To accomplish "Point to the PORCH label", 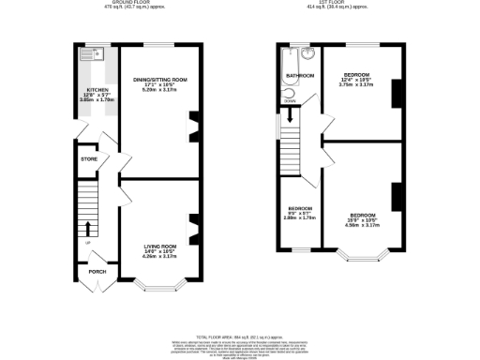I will pyautogui.click(x=97, y=272).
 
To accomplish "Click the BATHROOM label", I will pyautogui.click(x=299, y=74).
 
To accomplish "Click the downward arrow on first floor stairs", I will pyautogui.click(x=291, y=116).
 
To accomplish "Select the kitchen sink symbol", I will pyautogui.click(x=90, y=54).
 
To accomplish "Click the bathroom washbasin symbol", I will pyautogui.click(x=307, y=54).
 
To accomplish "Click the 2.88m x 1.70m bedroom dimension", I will pyautogui.click(x=300, y=217).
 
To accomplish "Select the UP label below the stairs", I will pyautogui.click(x=88, y=243).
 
